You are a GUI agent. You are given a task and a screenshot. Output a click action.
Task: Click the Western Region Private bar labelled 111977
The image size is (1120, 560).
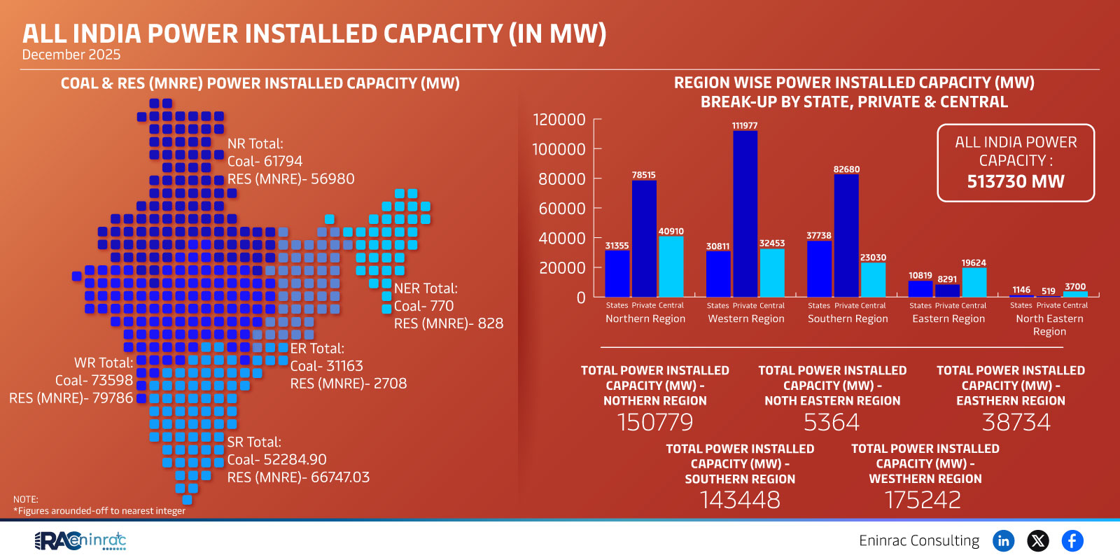[x=745, y=213]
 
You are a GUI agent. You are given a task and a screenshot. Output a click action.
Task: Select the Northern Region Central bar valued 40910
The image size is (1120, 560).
[x=671, y=267]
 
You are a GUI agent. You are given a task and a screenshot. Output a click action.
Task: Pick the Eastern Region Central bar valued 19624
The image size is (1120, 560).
[x=974, y=282]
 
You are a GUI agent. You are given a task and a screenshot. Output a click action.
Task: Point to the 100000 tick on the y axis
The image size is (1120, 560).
[x=559, y=149]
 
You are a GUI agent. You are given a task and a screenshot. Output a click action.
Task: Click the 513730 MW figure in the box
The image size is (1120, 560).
[x=1015, y=182]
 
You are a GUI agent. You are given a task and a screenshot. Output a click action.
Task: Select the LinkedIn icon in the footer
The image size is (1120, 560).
[x=1004, y=540]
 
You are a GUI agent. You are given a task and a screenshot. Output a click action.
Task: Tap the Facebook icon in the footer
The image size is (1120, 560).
[x=1072, y=540]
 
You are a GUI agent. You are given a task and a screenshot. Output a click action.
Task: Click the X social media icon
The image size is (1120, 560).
[x=1038, y=540]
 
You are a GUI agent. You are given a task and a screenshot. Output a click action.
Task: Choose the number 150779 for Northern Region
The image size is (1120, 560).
[x=655, y=422]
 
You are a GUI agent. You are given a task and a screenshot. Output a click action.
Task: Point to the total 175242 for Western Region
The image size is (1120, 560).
[x=923, y=500]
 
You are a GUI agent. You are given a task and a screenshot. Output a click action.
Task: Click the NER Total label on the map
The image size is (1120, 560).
[x=426, y=288]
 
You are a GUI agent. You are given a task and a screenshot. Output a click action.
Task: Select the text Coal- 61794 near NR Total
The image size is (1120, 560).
[x=265, y=161]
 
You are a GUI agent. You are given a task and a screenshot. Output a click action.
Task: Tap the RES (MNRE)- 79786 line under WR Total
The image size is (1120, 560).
[x=71, y=398]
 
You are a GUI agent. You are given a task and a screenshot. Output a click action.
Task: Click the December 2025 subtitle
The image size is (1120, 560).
[x=71, y=55]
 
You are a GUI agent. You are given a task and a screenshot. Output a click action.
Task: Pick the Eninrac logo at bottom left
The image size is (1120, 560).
[x=80, y=540]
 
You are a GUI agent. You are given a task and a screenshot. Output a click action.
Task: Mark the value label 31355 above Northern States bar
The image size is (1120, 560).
[x=617, y=246]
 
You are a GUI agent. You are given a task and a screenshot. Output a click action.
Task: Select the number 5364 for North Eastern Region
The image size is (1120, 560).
[x=832, y=422]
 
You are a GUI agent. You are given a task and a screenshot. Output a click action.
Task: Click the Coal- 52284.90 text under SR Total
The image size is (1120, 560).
[x=276, y=460]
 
